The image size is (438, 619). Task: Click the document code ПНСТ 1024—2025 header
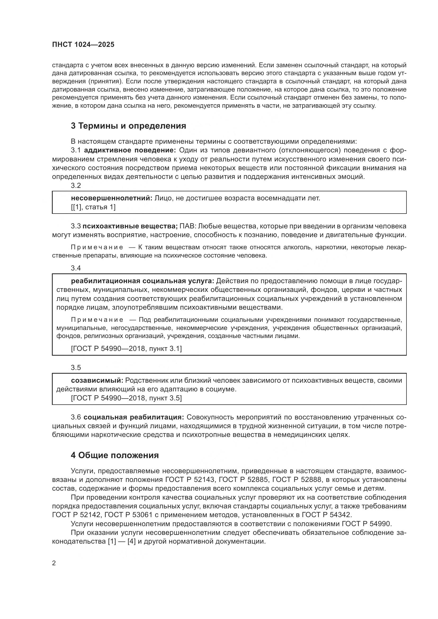click(83, 44)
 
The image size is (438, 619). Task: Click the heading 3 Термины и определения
click(128, 126)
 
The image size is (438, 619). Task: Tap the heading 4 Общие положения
click(115, 455)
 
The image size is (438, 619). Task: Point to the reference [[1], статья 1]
click(93, 207)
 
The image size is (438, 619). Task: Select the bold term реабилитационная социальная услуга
click(142, 281)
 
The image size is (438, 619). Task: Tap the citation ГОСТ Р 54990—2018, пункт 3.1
click(126, 349)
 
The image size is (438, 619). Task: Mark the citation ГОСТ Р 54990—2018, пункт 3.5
click(126, 398)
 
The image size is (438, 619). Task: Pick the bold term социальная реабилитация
click(134, 417)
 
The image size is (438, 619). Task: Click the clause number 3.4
click(76, 268)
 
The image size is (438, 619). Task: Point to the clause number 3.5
click(76, 368)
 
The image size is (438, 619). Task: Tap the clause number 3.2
click(76, 186)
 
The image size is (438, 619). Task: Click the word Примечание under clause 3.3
click(97, 247)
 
